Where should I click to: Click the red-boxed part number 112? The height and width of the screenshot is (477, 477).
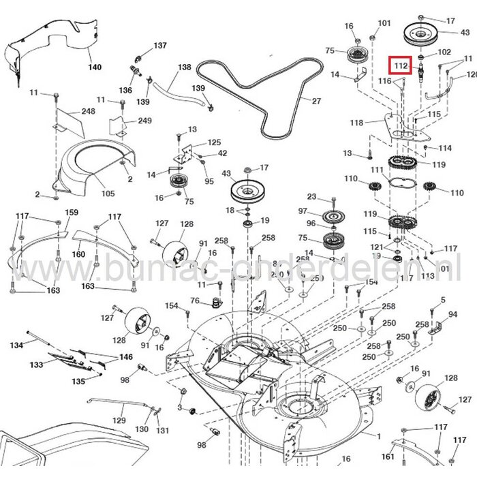(401, 66)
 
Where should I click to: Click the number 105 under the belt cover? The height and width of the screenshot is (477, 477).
(108, 194)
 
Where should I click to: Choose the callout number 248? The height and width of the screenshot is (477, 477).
(88, 111)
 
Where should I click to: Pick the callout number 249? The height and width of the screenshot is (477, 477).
(144, 121)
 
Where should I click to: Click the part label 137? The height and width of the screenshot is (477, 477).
(159, 46)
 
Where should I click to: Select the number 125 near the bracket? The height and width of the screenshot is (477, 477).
(215, 142)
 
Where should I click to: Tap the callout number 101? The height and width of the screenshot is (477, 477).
(384, 23)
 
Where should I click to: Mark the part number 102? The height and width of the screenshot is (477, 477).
(444, 52)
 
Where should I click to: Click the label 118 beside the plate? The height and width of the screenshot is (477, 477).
(357, 123)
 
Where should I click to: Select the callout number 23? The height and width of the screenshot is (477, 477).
(311, 197)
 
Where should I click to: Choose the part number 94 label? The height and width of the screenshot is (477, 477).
(452, 315)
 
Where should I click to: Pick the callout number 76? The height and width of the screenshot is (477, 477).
(195, 301)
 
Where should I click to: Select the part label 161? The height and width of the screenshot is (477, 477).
(387, 456)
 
